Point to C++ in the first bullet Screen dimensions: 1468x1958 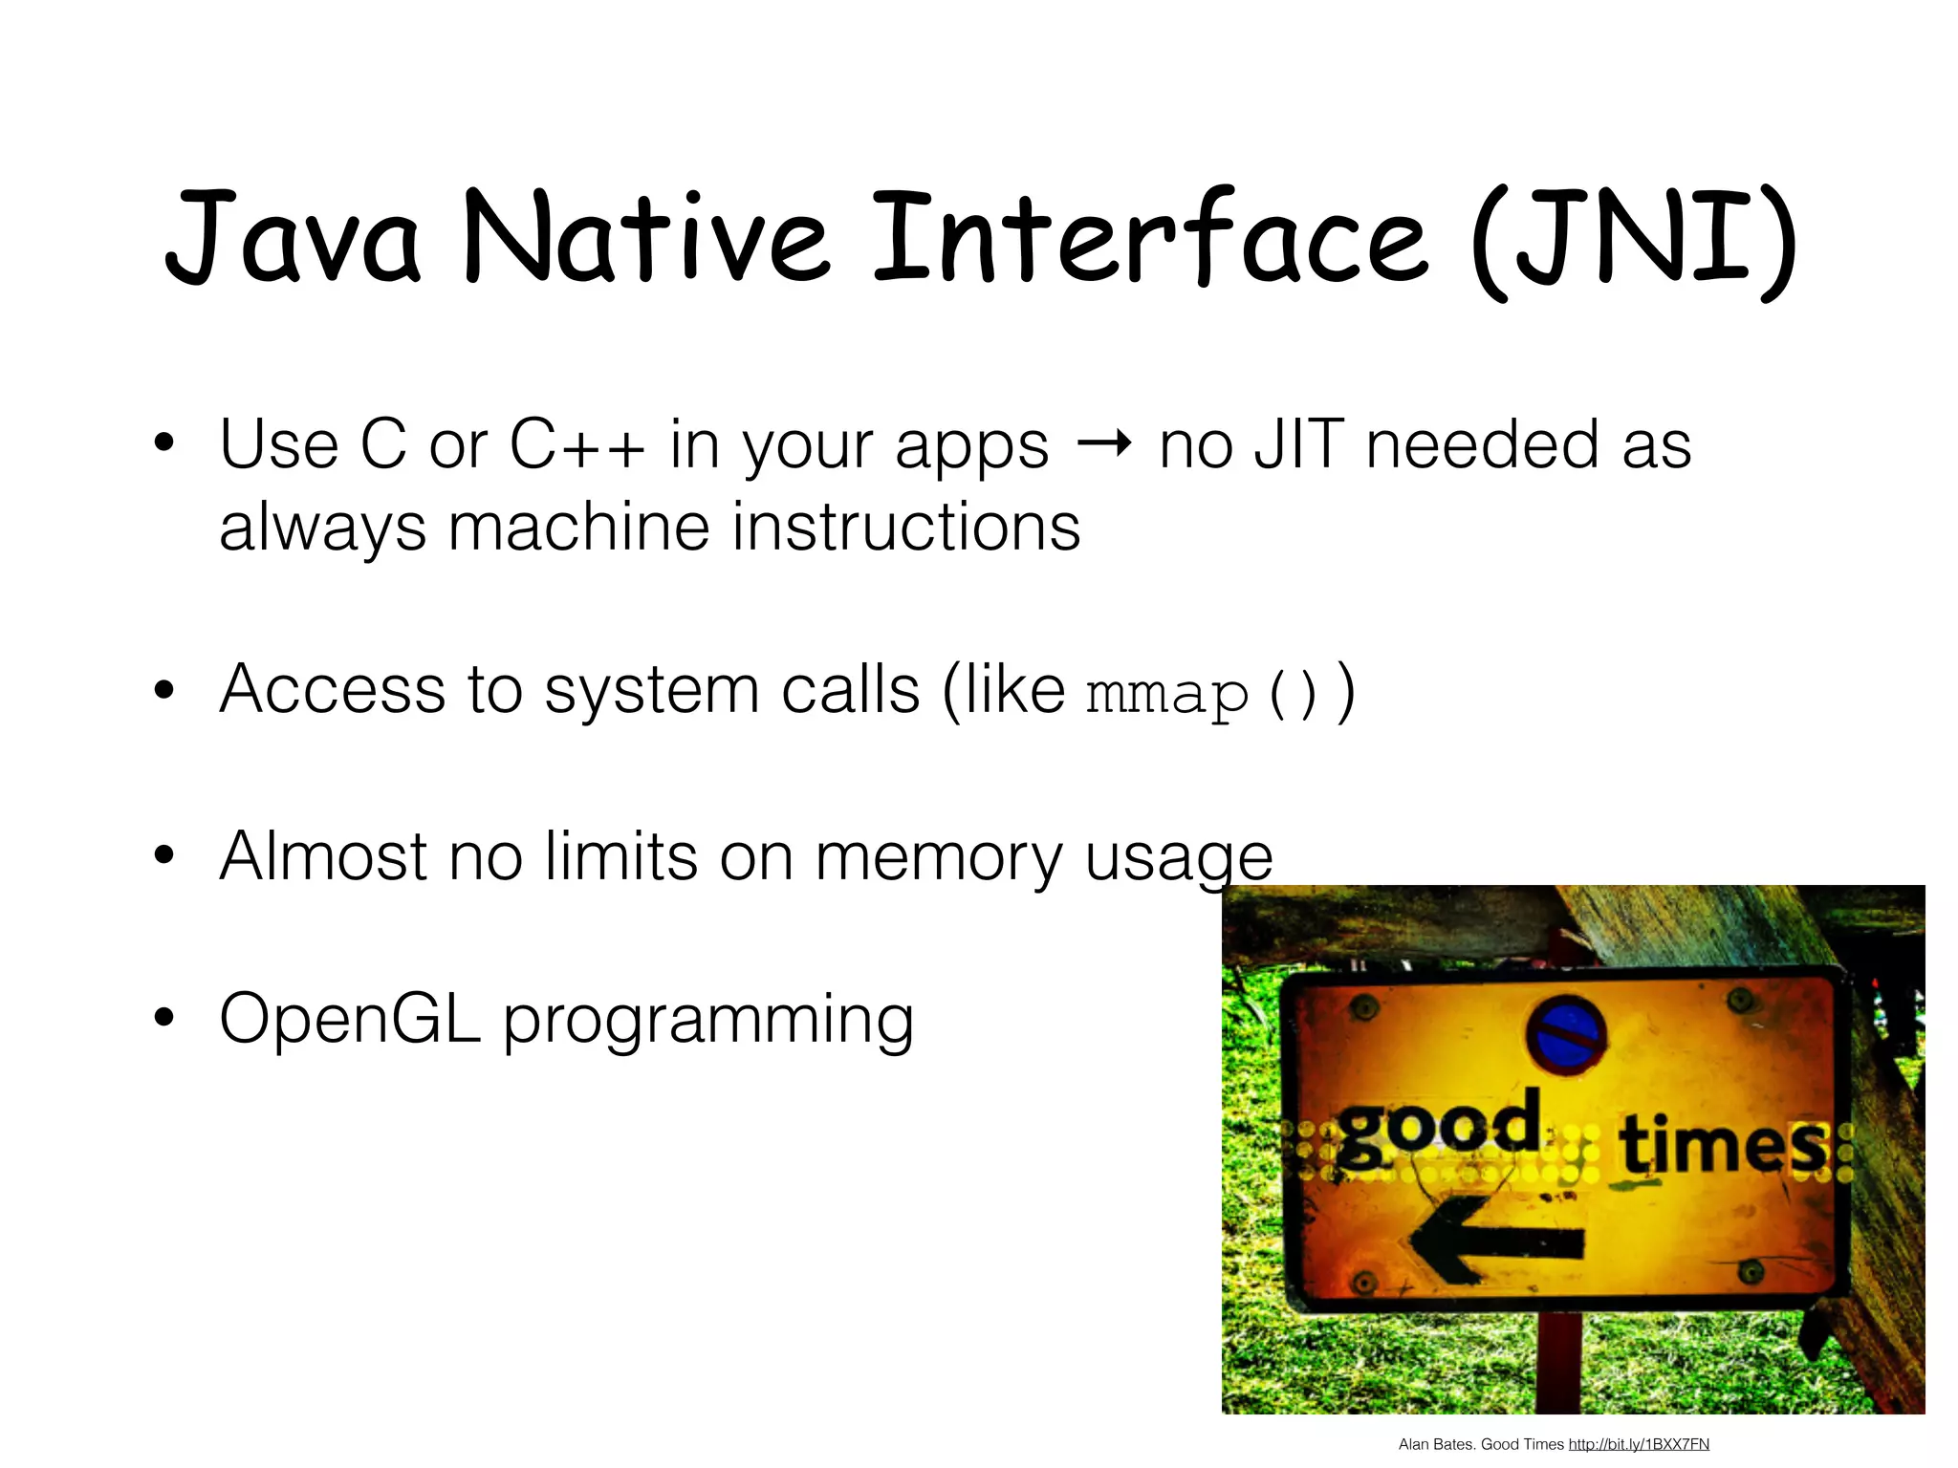[577, 445]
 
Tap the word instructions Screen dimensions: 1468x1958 [905, 528]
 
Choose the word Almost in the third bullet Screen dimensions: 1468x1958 [323, 856]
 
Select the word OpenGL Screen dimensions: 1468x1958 [350, 1019]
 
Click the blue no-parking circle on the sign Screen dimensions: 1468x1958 [1565, 1035]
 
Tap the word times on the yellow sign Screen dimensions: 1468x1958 [1721, 1144]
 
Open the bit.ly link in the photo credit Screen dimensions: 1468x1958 [1639, 1444]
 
